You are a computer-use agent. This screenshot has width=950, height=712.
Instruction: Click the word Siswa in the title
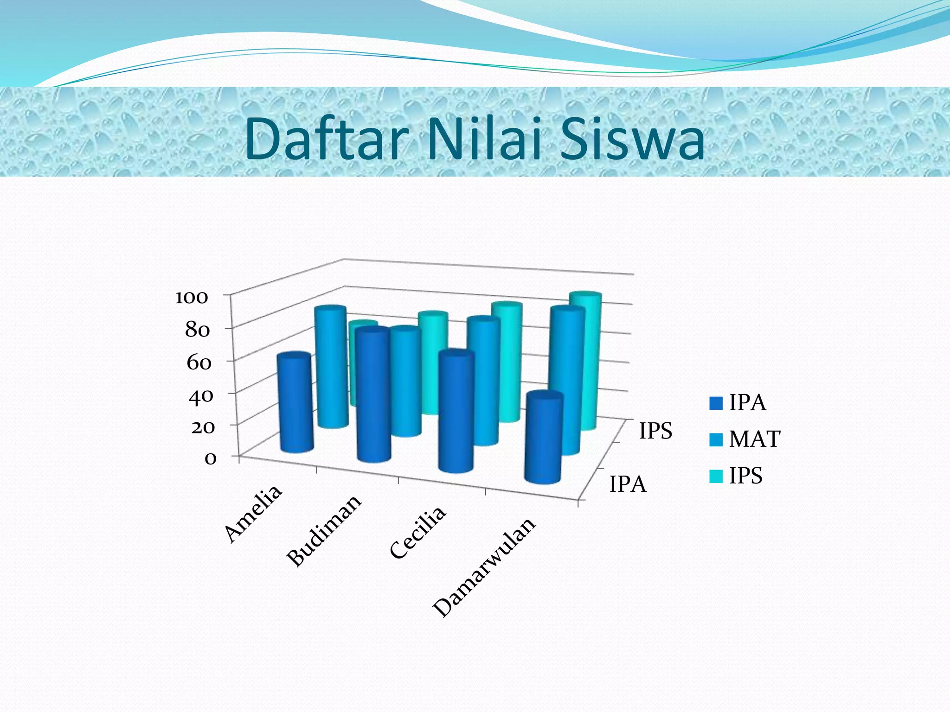(x=632, y=140)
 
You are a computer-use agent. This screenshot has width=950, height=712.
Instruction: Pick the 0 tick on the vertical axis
(x=210, y=459)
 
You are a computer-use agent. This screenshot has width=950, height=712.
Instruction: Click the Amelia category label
(x=253, y=513)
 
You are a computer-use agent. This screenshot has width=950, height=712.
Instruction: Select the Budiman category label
(x=323, y=530)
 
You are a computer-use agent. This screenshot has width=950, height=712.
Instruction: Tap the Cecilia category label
(x=417, y=533)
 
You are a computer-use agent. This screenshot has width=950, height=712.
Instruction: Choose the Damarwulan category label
(x=484, y=567)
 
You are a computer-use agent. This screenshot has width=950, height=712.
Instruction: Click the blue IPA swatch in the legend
(x=716, y=403)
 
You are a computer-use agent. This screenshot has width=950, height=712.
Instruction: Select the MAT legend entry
(x=754, y=439)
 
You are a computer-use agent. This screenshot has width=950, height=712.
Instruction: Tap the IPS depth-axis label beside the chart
(x=655, y=431)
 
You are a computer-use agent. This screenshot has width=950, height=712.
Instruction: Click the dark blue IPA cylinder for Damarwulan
(x=543, y=438)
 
